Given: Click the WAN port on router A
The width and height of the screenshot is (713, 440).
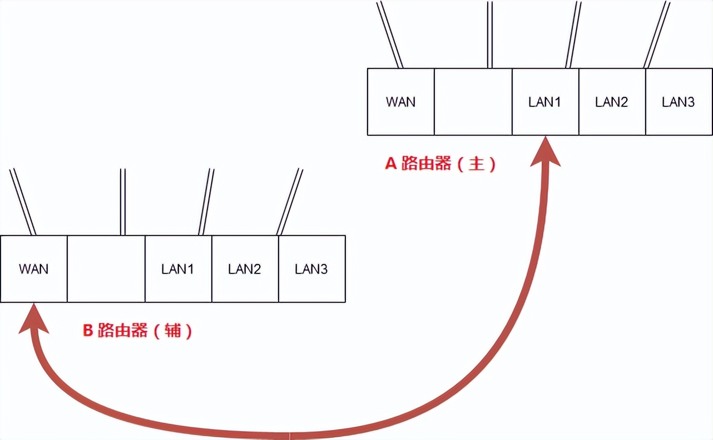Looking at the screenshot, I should [x=400, y=102].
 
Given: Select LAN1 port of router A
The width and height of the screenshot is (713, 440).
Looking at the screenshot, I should [x=545, y=102].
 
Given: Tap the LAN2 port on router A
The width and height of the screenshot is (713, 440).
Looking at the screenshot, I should [x=612, y=102].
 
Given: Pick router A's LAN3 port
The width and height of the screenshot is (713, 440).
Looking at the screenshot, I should [x=679, y=102].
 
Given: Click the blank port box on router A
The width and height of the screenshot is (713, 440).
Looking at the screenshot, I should [x=473, y=102].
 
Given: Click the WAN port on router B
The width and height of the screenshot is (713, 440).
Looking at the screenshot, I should [x=33, y=269].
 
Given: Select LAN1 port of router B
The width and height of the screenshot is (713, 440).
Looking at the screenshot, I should [x=178, y=269].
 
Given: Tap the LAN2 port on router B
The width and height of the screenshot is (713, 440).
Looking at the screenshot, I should [x=245, y=269].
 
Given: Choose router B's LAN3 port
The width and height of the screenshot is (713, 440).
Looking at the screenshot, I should [x=311, y=269].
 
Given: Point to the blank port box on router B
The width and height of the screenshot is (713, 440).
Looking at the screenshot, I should [x=106, y=269].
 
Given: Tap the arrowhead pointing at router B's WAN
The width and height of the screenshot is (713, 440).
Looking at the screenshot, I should [x=34, y=320].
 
